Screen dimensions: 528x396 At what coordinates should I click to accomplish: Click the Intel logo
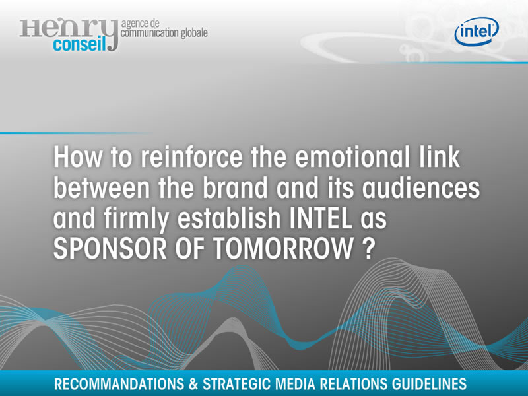(x=477, y=31)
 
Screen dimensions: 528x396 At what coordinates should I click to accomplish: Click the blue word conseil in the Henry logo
(x=79, y=44)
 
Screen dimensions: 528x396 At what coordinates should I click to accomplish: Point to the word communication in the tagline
(x=150, y=33)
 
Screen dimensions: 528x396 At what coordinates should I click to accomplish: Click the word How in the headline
(x=77, y=157)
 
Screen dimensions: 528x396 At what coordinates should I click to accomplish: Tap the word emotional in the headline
(x=352, y=157)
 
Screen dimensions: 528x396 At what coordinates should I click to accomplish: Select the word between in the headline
(x=102, y=187)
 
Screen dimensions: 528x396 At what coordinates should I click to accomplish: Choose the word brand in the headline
(x=235, y=187)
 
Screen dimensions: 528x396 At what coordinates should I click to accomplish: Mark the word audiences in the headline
(x=421, y=187)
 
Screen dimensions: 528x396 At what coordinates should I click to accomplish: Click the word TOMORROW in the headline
(x=283, y=249)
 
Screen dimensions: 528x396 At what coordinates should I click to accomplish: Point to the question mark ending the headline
(x=369, y=249)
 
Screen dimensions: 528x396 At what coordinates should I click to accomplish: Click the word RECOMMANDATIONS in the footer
(x=119, y=384)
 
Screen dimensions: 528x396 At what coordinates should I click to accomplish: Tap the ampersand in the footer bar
(x=193, y=384)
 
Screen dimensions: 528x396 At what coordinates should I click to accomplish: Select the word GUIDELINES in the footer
(x=430, y=384)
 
